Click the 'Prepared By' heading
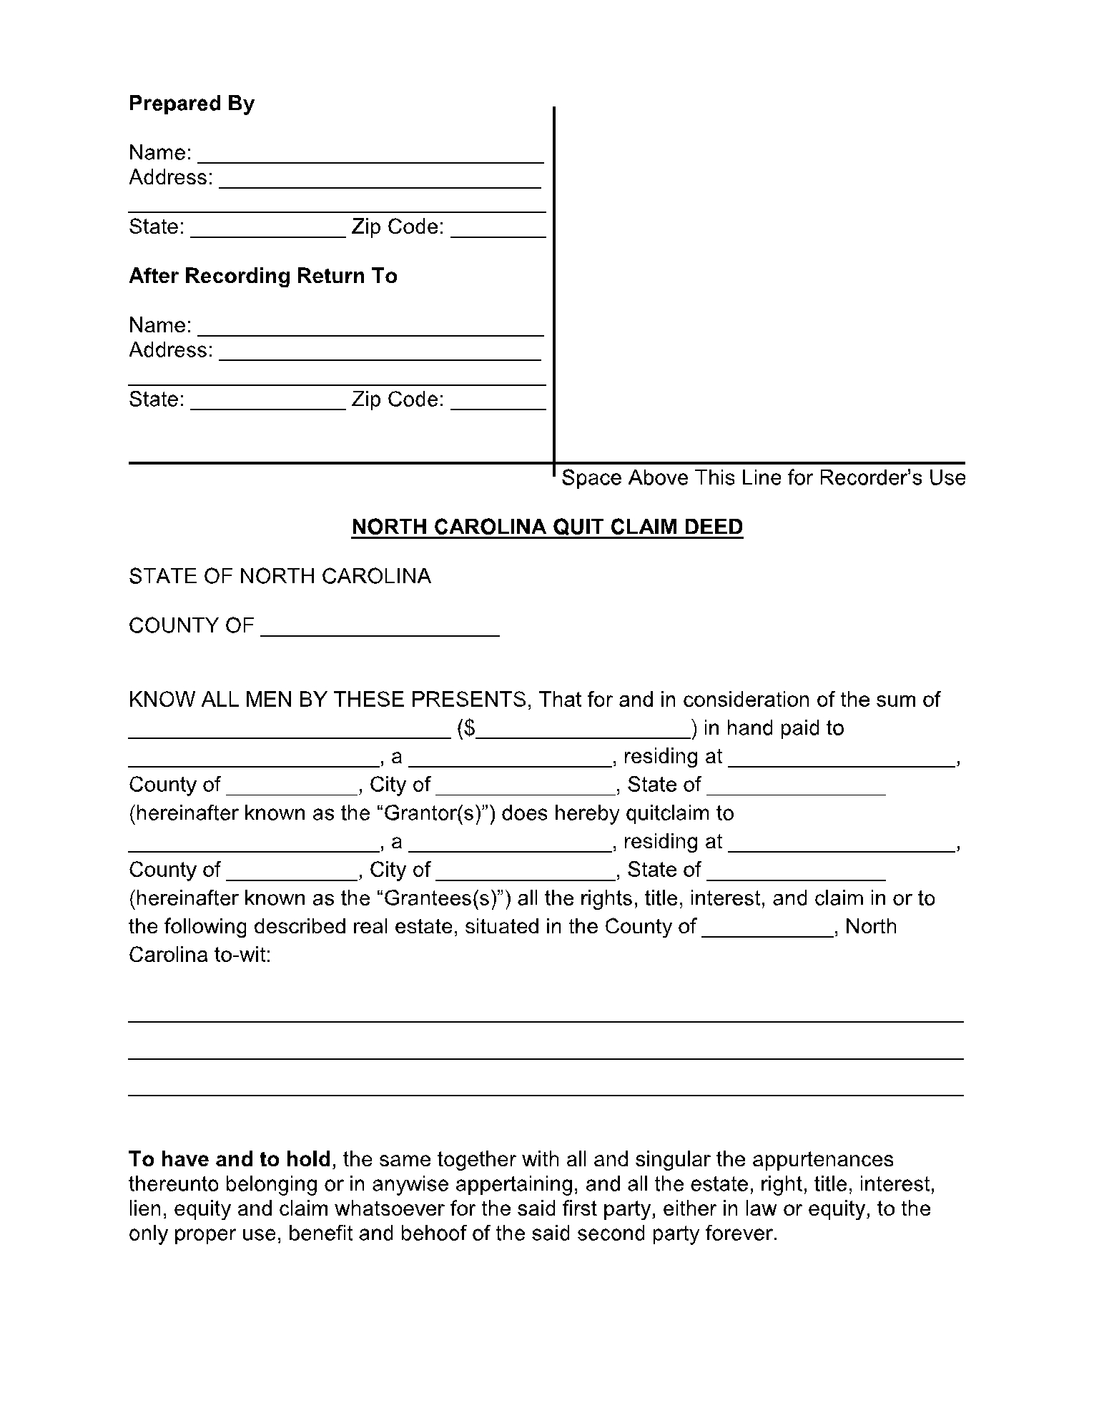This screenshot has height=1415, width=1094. tap(191, 104)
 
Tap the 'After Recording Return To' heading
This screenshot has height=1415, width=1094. tap(262, 276)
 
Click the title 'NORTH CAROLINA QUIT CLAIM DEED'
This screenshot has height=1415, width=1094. tap(547, 527)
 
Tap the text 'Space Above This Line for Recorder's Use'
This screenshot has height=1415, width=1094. tap(763, 477)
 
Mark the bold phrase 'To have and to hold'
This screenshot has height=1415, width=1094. tap(230, 1159)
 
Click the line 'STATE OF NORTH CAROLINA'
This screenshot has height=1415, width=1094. tap(280, 576)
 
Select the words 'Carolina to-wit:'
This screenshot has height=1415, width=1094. tap(199, 955)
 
